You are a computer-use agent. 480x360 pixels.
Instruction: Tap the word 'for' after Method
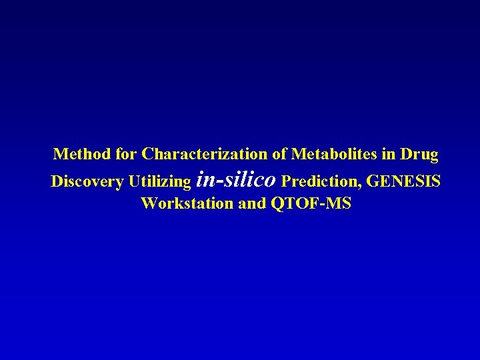(x=125, y=155)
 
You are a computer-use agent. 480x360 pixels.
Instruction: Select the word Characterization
(x=204, y=155)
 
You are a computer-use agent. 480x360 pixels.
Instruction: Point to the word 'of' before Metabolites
(x=279, y=155)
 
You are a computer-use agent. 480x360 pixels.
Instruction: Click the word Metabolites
(x=335, y=155)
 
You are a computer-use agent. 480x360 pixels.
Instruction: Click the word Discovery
(x=87, y=181)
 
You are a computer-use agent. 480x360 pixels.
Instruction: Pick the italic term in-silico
(x=237, y=180)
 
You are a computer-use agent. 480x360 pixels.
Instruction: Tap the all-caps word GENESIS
(x=404, y=181)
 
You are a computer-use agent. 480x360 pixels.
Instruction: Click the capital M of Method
(x=61, y=155)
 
